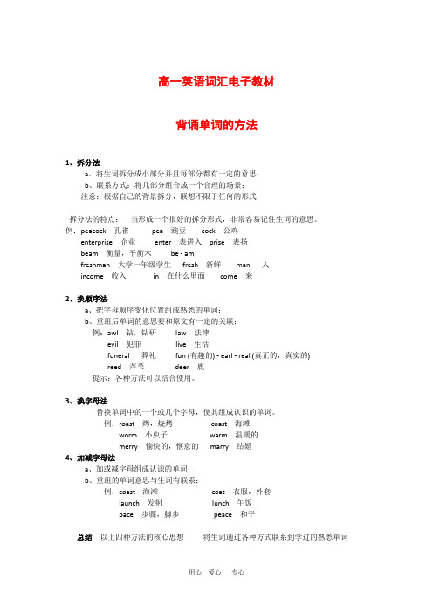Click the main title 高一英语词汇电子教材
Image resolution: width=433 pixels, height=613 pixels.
216,81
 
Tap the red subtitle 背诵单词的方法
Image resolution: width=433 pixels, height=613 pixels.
216,126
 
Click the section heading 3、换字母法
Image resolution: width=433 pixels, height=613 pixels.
86,401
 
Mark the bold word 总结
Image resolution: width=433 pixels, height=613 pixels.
86,537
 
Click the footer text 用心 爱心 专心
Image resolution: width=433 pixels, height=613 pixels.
216,597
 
